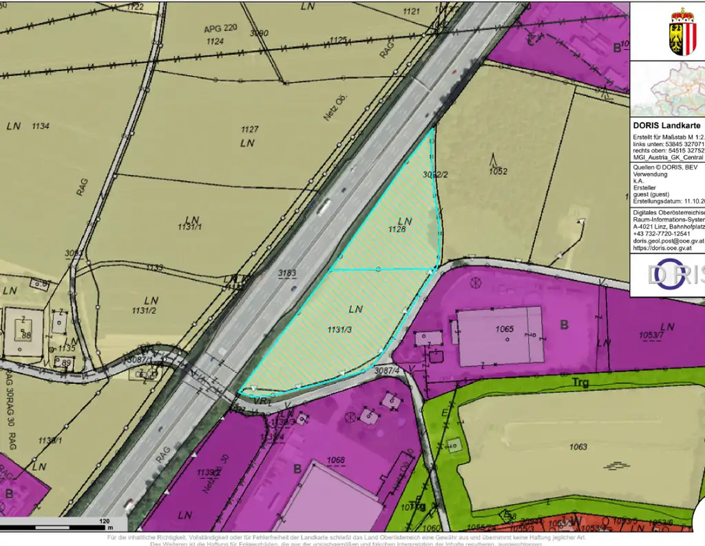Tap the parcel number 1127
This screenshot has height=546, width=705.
[x=249, y=130]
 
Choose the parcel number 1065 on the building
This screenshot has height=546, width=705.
[x=505, y=330]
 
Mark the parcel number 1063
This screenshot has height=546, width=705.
[x=578, y=447]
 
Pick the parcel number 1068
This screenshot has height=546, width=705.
[x=335, y=460]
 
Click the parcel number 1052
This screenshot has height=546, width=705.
[x=498, y=172]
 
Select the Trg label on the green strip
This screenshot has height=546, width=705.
[x=581, y=382]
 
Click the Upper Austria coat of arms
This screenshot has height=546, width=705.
[x=682, y=32]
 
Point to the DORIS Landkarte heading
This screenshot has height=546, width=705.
[x=666, y=125]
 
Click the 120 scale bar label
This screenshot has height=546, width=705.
[x=105, y=521]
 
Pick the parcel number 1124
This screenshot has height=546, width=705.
[x=215, y=42]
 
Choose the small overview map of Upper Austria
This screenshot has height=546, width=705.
[x=668, y=90]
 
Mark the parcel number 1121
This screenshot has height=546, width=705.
[x=411, y=12]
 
